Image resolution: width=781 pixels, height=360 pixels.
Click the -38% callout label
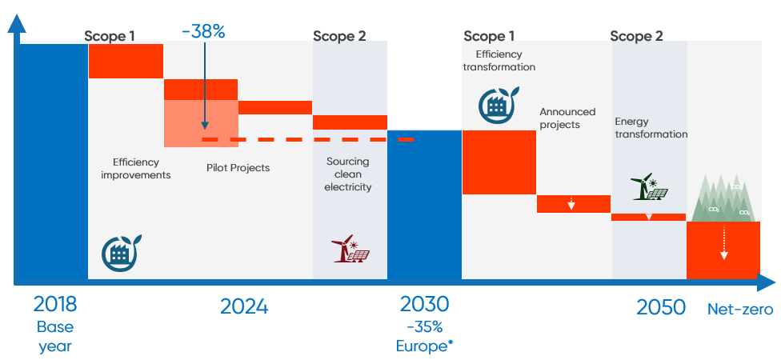tap(203, 31)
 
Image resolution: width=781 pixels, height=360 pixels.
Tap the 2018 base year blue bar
tap(50, 160)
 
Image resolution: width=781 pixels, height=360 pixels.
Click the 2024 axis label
tap(244, 306)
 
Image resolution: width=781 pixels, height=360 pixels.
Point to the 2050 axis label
tap(661, 306)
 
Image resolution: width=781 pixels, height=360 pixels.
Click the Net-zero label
tap(740, 309)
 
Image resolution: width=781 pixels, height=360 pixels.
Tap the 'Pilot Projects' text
tap(238, 168)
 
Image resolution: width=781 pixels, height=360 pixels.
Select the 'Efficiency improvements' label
tap(136, 168)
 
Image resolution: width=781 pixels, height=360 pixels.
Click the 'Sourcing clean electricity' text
tap(348, 174)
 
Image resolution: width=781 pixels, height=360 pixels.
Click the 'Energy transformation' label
tap(651, 128)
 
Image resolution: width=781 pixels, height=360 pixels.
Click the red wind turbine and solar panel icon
tap(350, 249)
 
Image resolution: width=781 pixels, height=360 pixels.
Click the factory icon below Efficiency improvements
tap(122, 251)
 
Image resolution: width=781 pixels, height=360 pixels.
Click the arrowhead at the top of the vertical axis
tap(14, 22)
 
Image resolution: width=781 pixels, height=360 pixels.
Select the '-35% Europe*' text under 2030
tap(424, 336)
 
